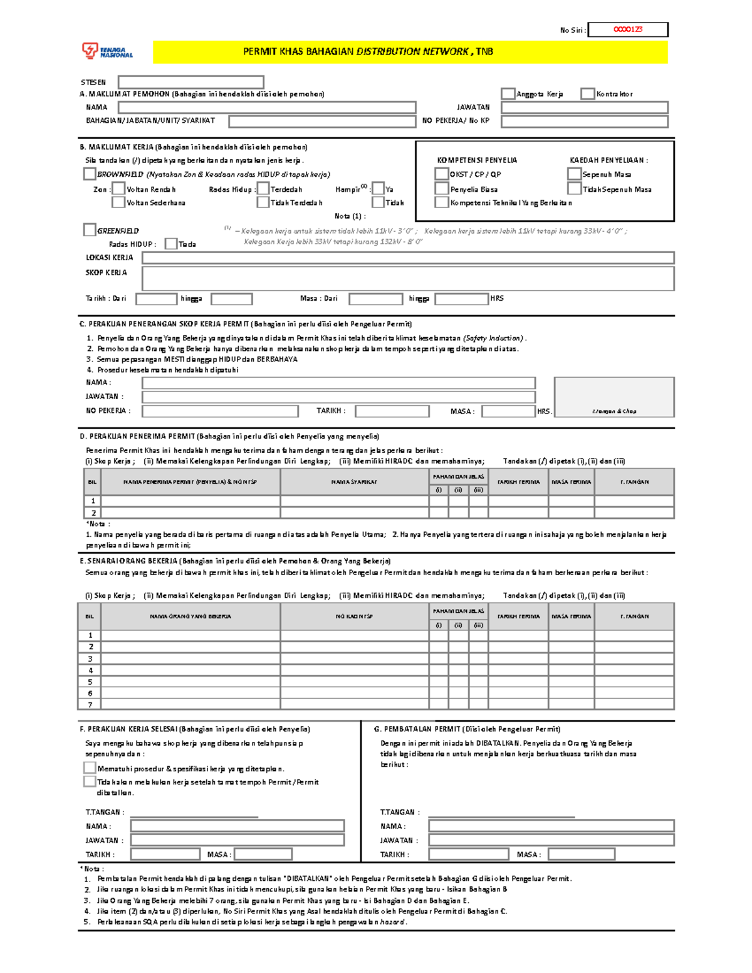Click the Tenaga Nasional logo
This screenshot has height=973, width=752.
(x=107, y=51)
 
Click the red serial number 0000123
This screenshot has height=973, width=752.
(x=628, y=29)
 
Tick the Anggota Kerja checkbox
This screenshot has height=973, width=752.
(x=508, y=94)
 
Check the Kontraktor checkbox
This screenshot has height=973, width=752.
(x=587, y=94)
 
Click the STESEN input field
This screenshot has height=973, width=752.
(x=191, y=82)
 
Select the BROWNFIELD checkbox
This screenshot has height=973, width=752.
(x=90, y=174)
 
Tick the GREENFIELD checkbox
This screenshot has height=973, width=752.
(x=90, y=230)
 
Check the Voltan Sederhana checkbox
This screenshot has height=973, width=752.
(x=118, y=202)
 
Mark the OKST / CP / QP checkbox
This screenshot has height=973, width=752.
(x=442, y=174)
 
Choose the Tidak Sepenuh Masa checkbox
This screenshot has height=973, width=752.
(x=574, y=189)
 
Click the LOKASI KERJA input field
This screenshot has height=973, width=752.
(x=408, y=258)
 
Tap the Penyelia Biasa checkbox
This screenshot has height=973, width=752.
(x=442, y=189)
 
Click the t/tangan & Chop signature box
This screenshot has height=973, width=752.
(x=614, y=397)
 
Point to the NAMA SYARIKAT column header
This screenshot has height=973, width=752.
(x=354, y=482)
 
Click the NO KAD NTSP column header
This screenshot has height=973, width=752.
(x=354, y=617)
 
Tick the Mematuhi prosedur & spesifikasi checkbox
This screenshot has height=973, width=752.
(x=90, y=767)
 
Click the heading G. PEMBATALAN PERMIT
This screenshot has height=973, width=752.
(x=467, y=729)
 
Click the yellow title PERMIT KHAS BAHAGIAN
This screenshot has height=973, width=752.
(x=368, y=52)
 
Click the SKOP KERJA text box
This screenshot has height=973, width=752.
(x=408, y=278)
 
